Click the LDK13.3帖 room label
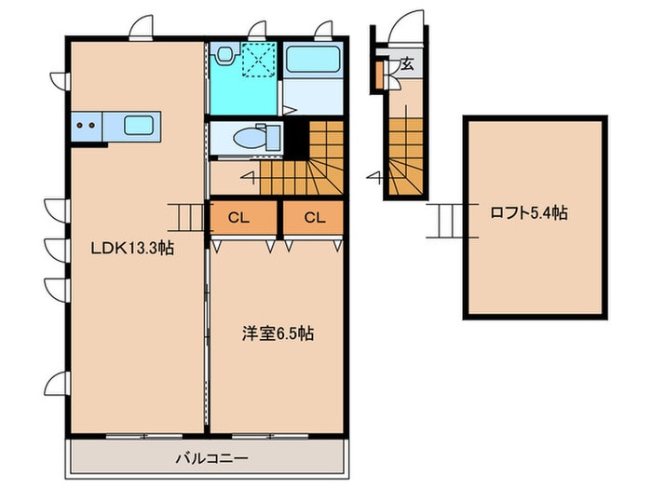[x=131, y=248]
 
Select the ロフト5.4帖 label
[x=528, y=213]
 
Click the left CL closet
[x=238, y=219]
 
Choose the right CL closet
[x=314, y=219]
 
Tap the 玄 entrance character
[x=408, y=65]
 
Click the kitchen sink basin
[x=140, y=124]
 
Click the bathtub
[x=313, y=63]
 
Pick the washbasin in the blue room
[x=224, y=56]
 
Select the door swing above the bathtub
[x=323, y=28]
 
